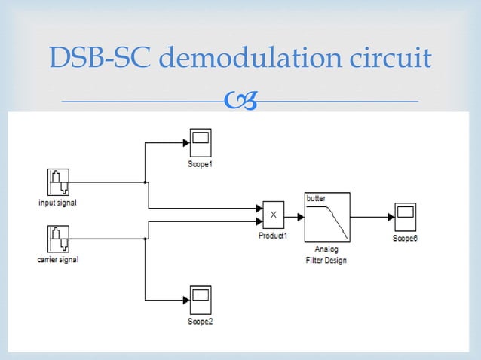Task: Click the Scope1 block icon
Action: point(200,142)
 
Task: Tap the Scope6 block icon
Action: point(404,217)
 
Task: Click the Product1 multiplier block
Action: point(273,215)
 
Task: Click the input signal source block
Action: point(57,183)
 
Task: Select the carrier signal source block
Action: point(57,240)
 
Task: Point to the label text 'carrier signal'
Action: point(58,260)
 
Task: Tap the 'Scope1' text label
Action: point(200,164)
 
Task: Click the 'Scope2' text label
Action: point(200,322)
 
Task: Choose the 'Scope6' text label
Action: point(404,238)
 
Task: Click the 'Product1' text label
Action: point(273,235)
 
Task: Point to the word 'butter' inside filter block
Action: point(316,197)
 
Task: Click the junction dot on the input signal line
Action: point(146,182)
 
